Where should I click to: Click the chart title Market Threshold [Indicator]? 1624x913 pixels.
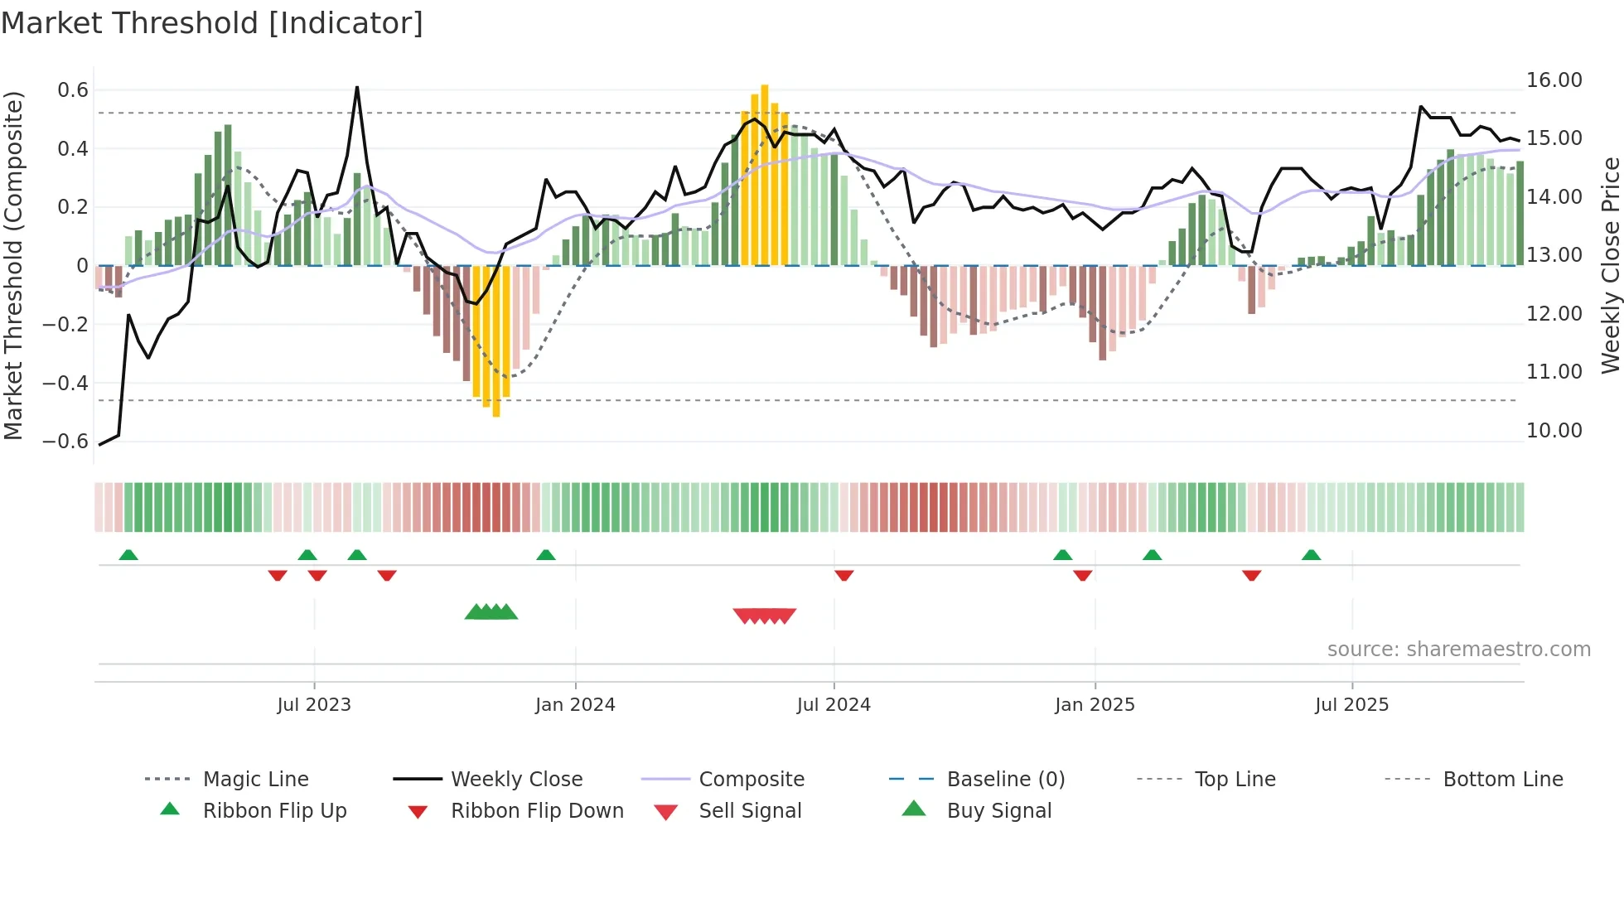[x=212, y=23]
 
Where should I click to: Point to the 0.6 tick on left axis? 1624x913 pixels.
[x=73, y=90]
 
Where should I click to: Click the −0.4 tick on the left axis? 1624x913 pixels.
[x=65, y=384]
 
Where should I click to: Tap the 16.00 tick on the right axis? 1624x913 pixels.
[x=1554, y=80]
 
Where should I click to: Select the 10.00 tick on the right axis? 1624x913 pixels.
[x=1554, y=431]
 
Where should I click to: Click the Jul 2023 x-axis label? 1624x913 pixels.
[x=314, y=705]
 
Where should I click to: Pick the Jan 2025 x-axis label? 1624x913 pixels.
[x=1095, y=705]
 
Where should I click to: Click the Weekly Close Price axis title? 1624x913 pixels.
[x=1609, y=265]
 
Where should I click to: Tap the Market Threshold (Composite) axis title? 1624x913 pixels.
[x=13, y=265]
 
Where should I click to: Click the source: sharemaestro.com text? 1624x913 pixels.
[x=1458, y=650]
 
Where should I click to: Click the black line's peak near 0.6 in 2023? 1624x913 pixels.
[x=357, y=88]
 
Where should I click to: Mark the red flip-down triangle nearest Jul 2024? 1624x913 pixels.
[x=843, y=575]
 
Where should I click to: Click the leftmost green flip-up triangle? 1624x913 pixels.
[x=128, y=555]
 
